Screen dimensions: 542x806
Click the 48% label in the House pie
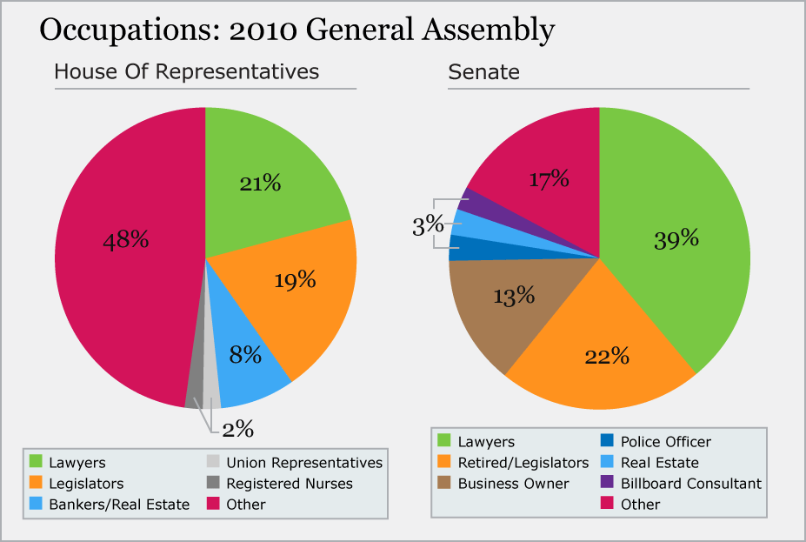126,240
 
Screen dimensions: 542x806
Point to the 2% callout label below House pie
236,429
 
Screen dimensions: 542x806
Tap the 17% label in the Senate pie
550,180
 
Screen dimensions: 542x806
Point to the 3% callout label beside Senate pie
429,226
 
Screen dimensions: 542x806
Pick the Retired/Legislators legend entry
513,462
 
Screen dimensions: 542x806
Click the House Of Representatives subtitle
187,71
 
